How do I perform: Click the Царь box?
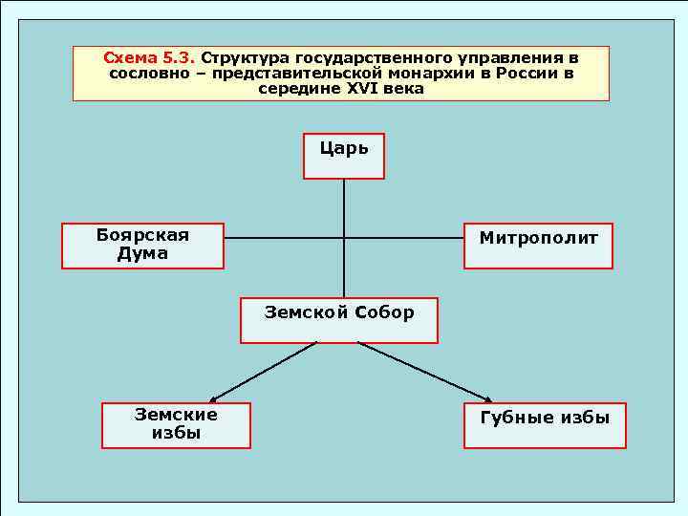[344, 156]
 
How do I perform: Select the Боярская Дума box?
[142, 246]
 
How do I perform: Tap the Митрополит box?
[538, 246]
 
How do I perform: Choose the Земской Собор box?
[339, 319]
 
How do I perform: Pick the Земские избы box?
[176, 425]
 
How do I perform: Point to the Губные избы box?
[545, 425]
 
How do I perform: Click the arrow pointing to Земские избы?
[263, 372]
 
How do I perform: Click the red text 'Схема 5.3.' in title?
[148, 58]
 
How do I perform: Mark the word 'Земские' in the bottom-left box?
[176, 415]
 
